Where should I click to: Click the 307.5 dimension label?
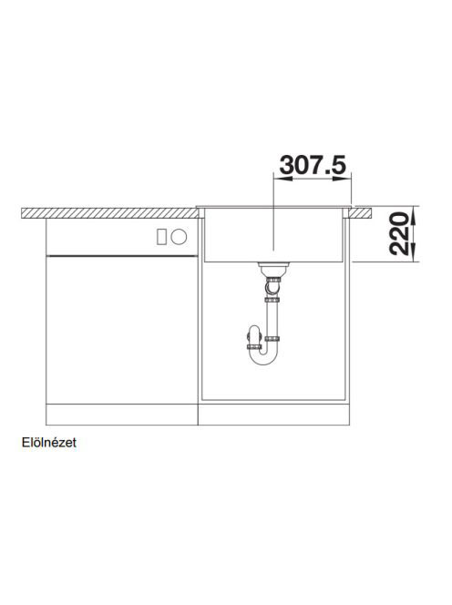coord(313,165)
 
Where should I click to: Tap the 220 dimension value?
coord(399,234)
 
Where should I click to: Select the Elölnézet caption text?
coord(49,442)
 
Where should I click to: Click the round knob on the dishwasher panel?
coord(180,236)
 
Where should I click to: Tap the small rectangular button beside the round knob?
coord(161,236)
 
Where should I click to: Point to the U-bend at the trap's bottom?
coord(262,357)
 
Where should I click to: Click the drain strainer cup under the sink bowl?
coord(273,268)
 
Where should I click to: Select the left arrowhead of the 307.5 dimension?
coord(282,179)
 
